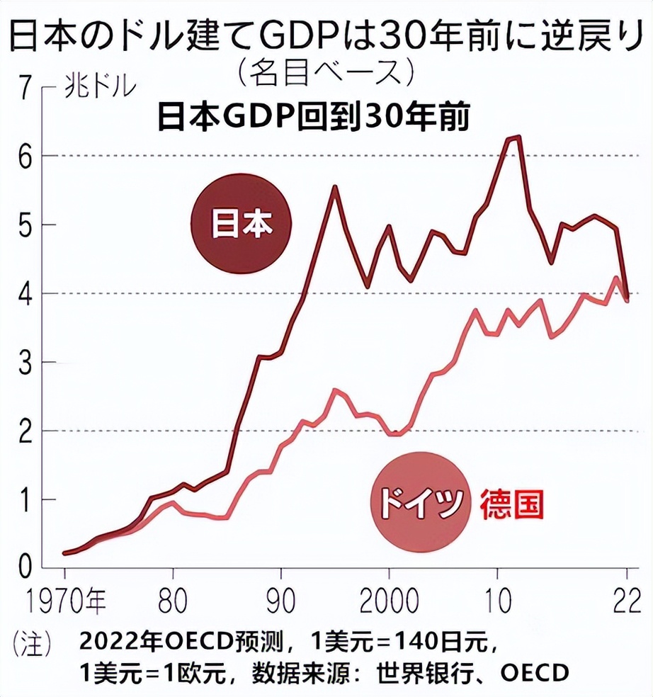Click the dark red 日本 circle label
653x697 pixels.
click(x=242, y=225)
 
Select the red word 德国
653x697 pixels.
click(x=513, y=504)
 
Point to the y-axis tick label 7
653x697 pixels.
click(x=26, y=89)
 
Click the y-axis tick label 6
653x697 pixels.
click(x=26, y=156)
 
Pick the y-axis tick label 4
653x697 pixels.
click(x=26, y=293)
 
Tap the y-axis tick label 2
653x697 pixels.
click(x=26, y=431)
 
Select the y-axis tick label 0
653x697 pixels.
click(x=26, y=567)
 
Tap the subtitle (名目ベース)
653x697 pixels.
click(x=326, y=71)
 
